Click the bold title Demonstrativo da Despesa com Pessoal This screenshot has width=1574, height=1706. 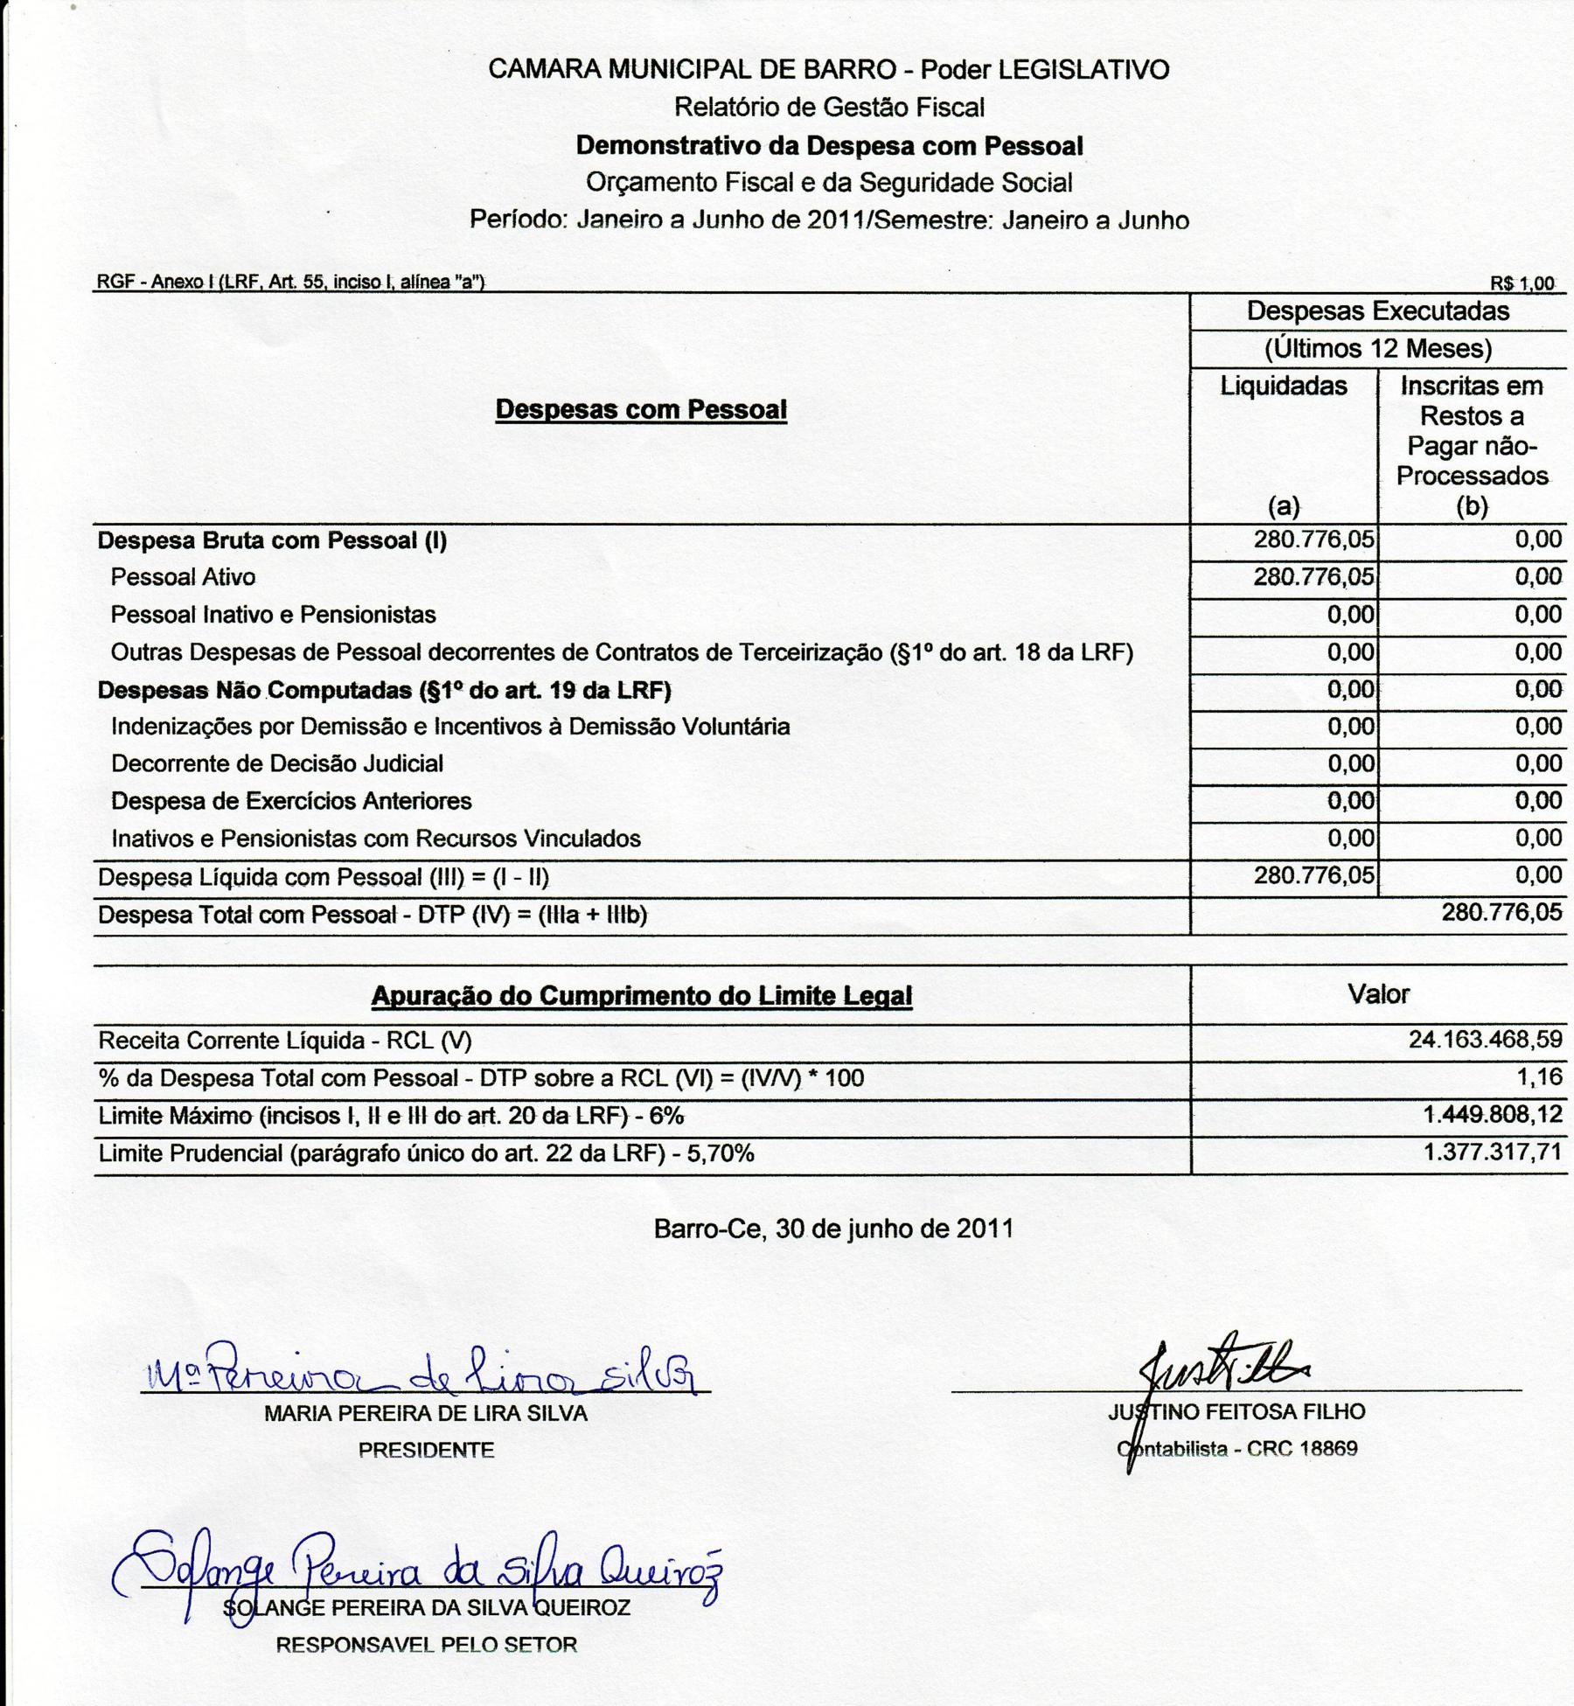click(x=829, y=145)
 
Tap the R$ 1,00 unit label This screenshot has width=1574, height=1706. click(x=1522, y=283)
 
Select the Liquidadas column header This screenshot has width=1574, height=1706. click(x=1284, y=386)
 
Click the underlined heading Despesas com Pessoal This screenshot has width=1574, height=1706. click(x=641, y=409)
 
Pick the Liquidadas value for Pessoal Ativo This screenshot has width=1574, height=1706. click(x=1313, y=577)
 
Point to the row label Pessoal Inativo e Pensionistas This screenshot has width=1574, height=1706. click(x=273, y=615)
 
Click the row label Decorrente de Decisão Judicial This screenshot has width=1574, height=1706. click(x=277, y=763)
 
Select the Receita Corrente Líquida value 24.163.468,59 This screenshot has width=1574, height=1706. click(x=1485, y=1040)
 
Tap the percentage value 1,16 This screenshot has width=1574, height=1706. click(x=1540, y=1076)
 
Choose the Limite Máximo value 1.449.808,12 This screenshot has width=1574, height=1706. click(x=1492, y=1115)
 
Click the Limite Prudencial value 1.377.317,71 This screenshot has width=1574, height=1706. click(x=1492, y=1152)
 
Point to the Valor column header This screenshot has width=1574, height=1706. click(x=1378, y=994)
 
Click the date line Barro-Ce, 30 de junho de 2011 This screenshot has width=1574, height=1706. click(x=833, y=1229)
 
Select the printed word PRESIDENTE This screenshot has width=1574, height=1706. click(x=426, y=1450)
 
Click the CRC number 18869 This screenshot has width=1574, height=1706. click(x=1328, y=1449)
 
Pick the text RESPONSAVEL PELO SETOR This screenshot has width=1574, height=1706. click(x=426, y=1645)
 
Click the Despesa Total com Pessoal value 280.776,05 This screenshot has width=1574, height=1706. click(x=1501, y=913)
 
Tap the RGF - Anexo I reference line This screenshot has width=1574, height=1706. click(x=290, y=282)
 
